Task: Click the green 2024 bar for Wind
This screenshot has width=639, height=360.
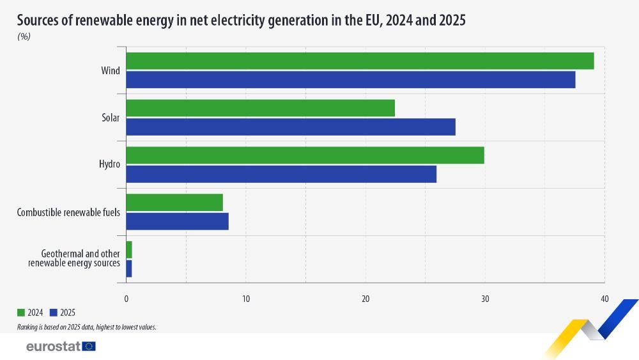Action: (x=360, y=61)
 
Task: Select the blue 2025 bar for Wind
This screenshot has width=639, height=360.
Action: (x=351, y=79)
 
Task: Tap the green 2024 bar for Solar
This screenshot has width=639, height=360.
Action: (x=260, y=108)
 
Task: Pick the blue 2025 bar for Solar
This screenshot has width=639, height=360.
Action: (x=291, y=127)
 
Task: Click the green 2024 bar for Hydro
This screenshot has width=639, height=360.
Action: (x=305, y=155)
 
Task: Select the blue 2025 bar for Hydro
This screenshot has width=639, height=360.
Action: (x=281, y=174)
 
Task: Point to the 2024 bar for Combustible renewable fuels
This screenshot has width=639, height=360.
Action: (x=174, y=203)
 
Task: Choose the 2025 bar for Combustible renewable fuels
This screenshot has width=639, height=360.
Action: (x=177, y=221)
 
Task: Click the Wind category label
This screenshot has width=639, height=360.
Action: (x=110, y=70)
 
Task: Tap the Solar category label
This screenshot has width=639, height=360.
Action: (x=110, y=118)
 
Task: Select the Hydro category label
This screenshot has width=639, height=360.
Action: (x=109, y=165)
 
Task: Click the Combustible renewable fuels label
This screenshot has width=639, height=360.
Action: (x=68, y=212)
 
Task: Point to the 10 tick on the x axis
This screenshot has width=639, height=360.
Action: (x=245, y=299)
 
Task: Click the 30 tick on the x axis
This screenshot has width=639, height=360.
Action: (x=484, y=299)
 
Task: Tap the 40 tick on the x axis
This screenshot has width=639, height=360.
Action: (x=604, y=299)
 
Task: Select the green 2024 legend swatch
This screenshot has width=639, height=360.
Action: (x=21, y=313)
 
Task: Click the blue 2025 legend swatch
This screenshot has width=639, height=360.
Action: (x=54, y=313)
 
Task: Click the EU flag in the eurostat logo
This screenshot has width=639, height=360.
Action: (x=89, y=347)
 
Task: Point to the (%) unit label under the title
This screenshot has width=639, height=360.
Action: (x=24, y=36)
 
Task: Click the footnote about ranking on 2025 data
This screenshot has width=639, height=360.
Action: (x=87, y=327)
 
